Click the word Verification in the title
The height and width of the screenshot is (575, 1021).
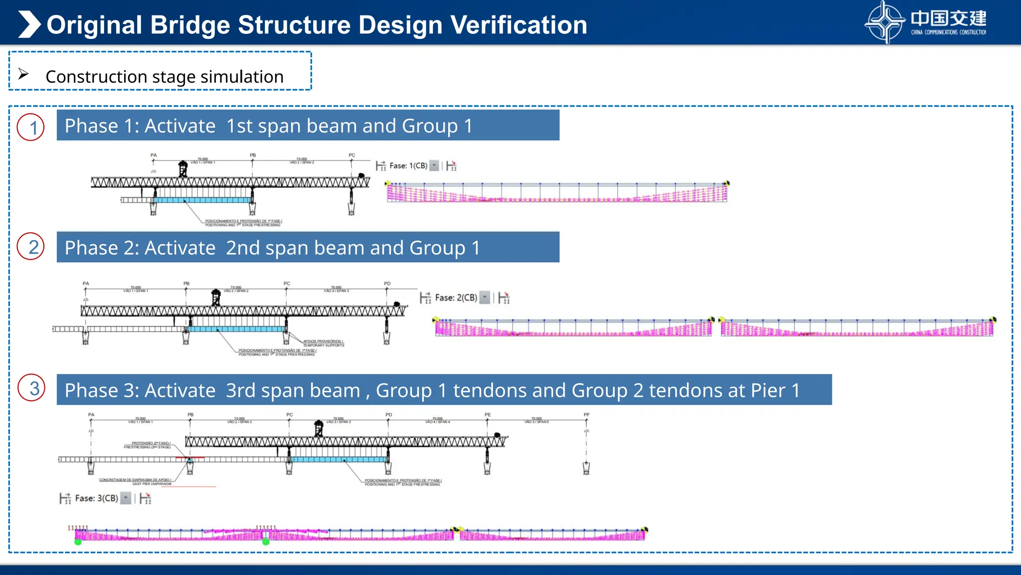coord(518,25)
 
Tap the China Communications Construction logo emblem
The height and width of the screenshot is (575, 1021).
coord(884,22)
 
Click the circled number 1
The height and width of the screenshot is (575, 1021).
coord(31,127)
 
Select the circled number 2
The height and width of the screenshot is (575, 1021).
coord(31,247)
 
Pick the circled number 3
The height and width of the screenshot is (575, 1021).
coord(32,388)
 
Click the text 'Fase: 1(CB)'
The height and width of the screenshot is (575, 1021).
coord(408,166)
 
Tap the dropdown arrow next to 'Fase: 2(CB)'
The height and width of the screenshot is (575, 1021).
coord(485,297)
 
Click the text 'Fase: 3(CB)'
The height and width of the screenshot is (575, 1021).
coord(96,498)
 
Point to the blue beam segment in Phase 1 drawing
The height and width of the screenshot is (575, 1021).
coord(202,200)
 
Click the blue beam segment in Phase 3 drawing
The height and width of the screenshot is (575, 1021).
coord(339,459)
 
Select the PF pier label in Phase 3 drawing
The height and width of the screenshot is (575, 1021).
coord(586,415)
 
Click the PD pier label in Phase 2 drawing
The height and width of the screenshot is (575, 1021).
coord(387,284)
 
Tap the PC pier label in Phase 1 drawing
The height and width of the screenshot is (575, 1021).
coord(352,155)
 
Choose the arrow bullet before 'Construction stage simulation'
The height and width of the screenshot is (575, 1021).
coord(23,74)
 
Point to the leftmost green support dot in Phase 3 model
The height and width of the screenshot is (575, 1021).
coord(78,542)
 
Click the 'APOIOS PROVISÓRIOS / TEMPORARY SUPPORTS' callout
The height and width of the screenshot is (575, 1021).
coord(323,343)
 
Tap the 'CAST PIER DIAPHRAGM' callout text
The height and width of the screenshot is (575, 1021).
coord(152,484)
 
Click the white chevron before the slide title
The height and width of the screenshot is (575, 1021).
coord(29,24)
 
